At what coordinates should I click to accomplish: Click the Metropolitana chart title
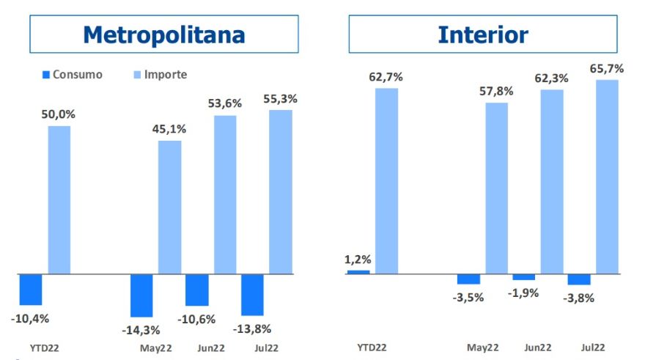[x=163, y=34]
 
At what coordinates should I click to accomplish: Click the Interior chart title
[x=482, y=34]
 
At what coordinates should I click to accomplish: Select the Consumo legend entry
[x=71, y=74]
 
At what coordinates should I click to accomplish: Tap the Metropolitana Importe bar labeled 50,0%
[x=59, y=199]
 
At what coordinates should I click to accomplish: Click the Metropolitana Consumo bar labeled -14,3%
[x=141, y=295]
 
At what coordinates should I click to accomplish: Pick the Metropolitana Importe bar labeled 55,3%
[x=280, y=192]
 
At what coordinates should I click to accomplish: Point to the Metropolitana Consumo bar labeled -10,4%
[x=31, y=290]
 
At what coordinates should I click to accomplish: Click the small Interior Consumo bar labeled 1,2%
[x=358, y=272]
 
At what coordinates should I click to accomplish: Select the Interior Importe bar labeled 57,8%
[x=496, y=188]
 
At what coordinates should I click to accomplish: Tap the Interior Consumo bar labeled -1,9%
[x=523, y=277]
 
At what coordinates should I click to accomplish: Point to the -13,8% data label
[x=251, y=328]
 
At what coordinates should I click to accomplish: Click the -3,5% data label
[x=469, y=297]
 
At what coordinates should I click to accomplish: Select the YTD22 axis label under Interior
[x=372, y=348]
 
